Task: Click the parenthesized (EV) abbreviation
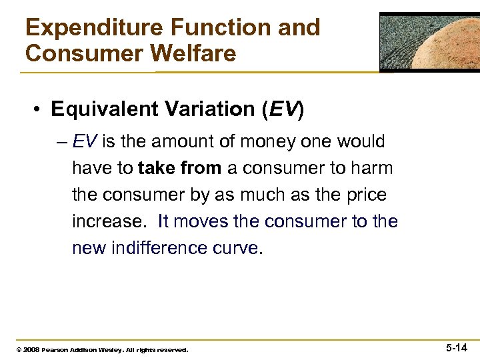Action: (281, 109)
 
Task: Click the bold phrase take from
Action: (180, 169)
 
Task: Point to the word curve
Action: (240, 247)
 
